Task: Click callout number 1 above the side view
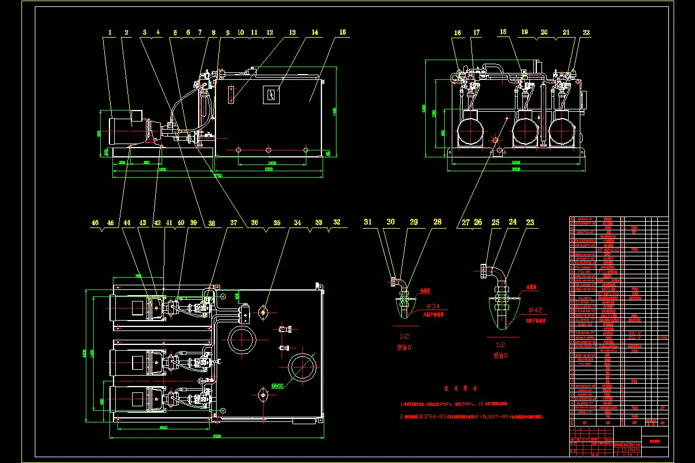pos(109,33)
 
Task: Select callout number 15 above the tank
pos(342,33)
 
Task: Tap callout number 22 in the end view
pos(587,33)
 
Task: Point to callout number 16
pos(458,33)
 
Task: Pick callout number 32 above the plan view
pos(337,222)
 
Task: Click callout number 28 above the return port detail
pos(437,222)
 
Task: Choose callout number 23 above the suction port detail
pos(529,222)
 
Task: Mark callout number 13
pos(292,33)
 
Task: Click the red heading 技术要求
pos(460,389)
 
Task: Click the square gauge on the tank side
pos(270,94)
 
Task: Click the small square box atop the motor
pos(139,116)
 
